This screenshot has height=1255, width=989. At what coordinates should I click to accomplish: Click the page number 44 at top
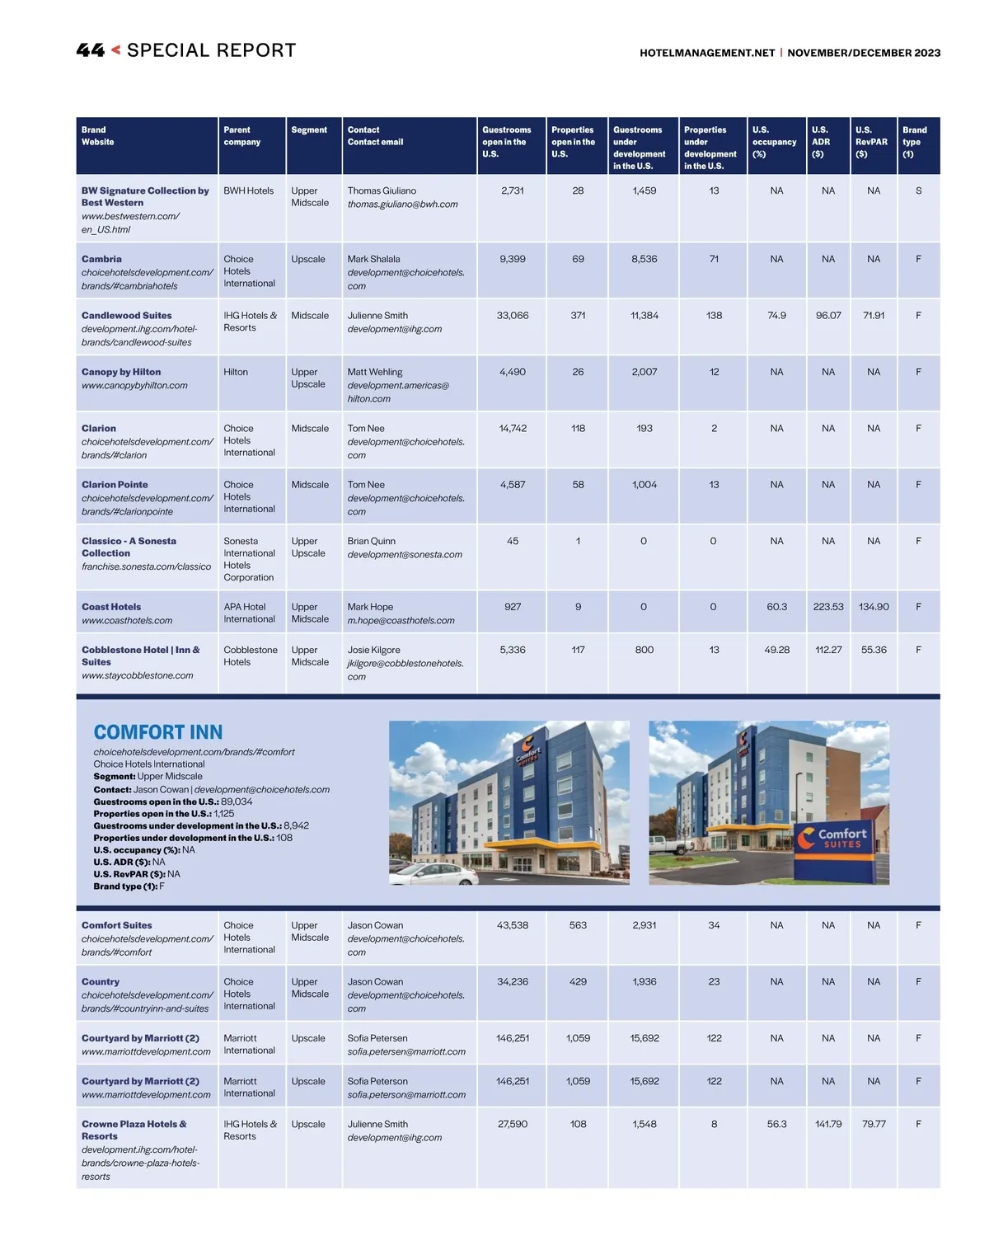90,50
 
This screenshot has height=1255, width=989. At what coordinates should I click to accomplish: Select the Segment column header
309,130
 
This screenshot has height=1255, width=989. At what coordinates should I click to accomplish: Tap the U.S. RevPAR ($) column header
871,142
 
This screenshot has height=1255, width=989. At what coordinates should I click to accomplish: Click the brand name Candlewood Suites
127,316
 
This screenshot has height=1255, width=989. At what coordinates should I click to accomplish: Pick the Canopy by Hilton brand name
121,372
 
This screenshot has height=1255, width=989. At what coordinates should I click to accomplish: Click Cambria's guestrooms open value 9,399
513,259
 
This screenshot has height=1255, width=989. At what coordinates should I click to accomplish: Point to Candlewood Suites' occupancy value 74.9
776,316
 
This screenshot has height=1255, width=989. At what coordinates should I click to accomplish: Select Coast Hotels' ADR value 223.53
828,607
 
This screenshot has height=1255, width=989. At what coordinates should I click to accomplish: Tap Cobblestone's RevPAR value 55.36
874,650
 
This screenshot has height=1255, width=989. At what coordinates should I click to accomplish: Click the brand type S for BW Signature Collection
918,190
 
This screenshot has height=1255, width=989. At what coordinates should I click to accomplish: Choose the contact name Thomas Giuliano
382,190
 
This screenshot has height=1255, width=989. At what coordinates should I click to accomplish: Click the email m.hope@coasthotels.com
401,621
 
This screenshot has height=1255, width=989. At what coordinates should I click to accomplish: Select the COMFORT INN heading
158,732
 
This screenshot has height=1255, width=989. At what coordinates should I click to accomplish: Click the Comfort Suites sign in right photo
841,839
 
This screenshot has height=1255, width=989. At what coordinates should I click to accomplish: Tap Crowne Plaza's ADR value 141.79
828,1124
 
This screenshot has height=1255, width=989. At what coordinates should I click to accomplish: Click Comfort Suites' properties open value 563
578,925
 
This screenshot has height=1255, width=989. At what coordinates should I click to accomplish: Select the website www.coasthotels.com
127,621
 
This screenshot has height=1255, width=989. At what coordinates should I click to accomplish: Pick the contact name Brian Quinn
371,541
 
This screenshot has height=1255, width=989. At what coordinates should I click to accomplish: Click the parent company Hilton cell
236,372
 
